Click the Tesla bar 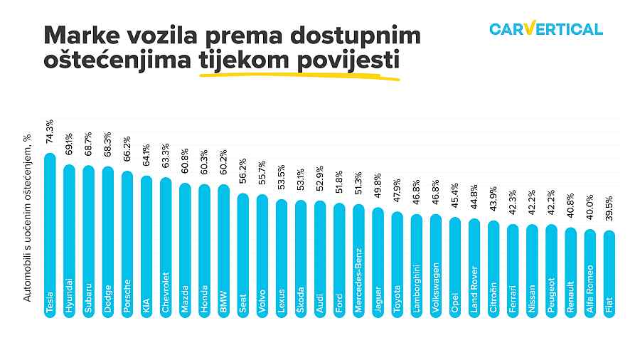(x=49, y=235)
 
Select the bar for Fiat (x=609, y=274)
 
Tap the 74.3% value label (x=49, y=132)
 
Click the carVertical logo (x=546, y=29)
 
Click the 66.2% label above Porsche (x=127, y=151)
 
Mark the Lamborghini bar (x=416, y=266)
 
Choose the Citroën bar (x=494, y=270)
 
